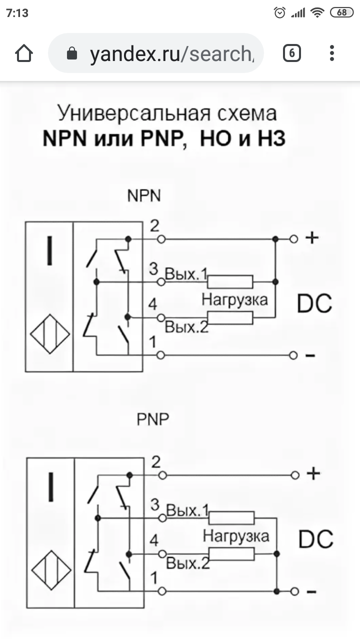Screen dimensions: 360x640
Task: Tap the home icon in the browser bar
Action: click(24, 53)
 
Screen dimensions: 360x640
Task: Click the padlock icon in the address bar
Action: click(71, 53)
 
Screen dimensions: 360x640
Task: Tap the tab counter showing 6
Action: click(291, 53)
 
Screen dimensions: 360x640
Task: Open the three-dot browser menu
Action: click(331, 53)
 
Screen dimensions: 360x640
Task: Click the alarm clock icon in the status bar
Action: click(279, 12)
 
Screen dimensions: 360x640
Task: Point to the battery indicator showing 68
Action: click(341, 12)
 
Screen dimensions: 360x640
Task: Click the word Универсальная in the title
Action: click(134, 113)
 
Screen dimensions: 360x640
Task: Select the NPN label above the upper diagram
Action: click(144, 195)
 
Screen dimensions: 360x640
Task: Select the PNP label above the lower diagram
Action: click(153, 419)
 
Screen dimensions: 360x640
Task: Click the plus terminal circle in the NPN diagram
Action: click(293, 239)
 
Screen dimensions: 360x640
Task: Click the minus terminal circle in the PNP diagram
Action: click(295, 591)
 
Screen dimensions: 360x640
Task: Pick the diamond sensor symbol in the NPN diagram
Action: click(50, 334)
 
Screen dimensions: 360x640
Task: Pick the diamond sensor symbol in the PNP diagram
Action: click(51, 570)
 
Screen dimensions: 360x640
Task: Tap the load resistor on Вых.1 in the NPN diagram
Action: click(230, 281)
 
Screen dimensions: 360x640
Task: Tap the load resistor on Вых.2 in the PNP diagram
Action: click(231, 554)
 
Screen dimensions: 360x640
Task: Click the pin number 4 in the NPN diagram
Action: click(152, 304)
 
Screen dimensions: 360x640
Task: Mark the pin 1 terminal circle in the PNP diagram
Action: click(162, 591)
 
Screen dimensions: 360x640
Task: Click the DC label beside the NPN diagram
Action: click(314, 303)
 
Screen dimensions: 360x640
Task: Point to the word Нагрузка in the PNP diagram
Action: click(236, 536)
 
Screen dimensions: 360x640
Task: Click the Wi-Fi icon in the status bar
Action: click(317, 12)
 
